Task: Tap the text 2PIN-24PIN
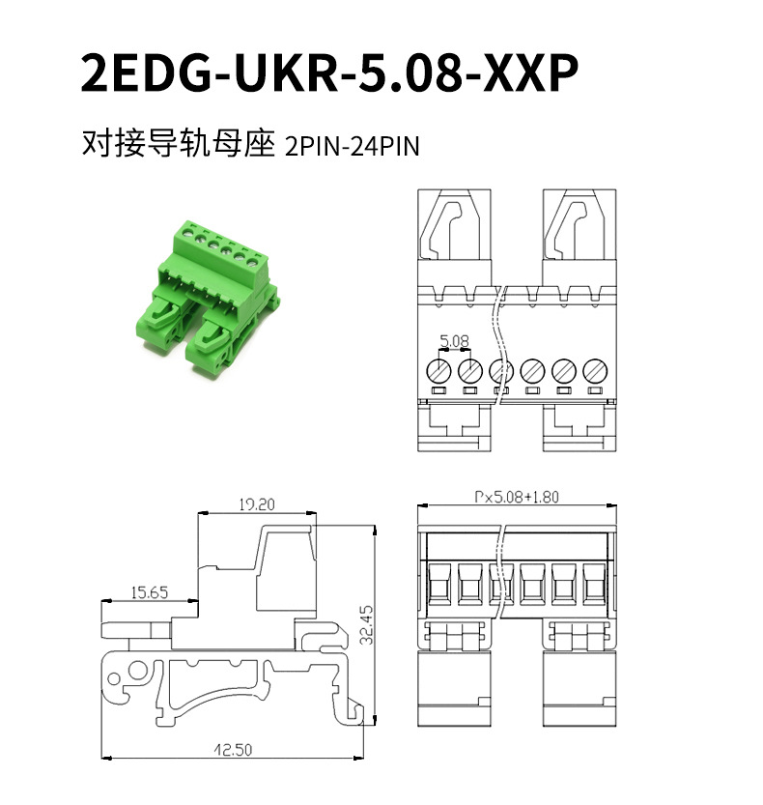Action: point(352,146)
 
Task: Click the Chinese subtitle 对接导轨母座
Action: point(179,143)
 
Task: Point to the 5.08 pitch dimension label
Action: point(454,340)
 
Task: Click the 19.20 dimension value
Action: point(257,504)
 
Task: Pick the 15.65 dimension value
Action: point(150,592)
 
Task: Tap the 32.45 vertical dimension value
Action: point(366,625)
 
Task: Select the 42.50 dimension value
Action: point(233,750)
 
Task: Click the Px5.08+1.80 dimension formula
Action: point(516,497)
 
